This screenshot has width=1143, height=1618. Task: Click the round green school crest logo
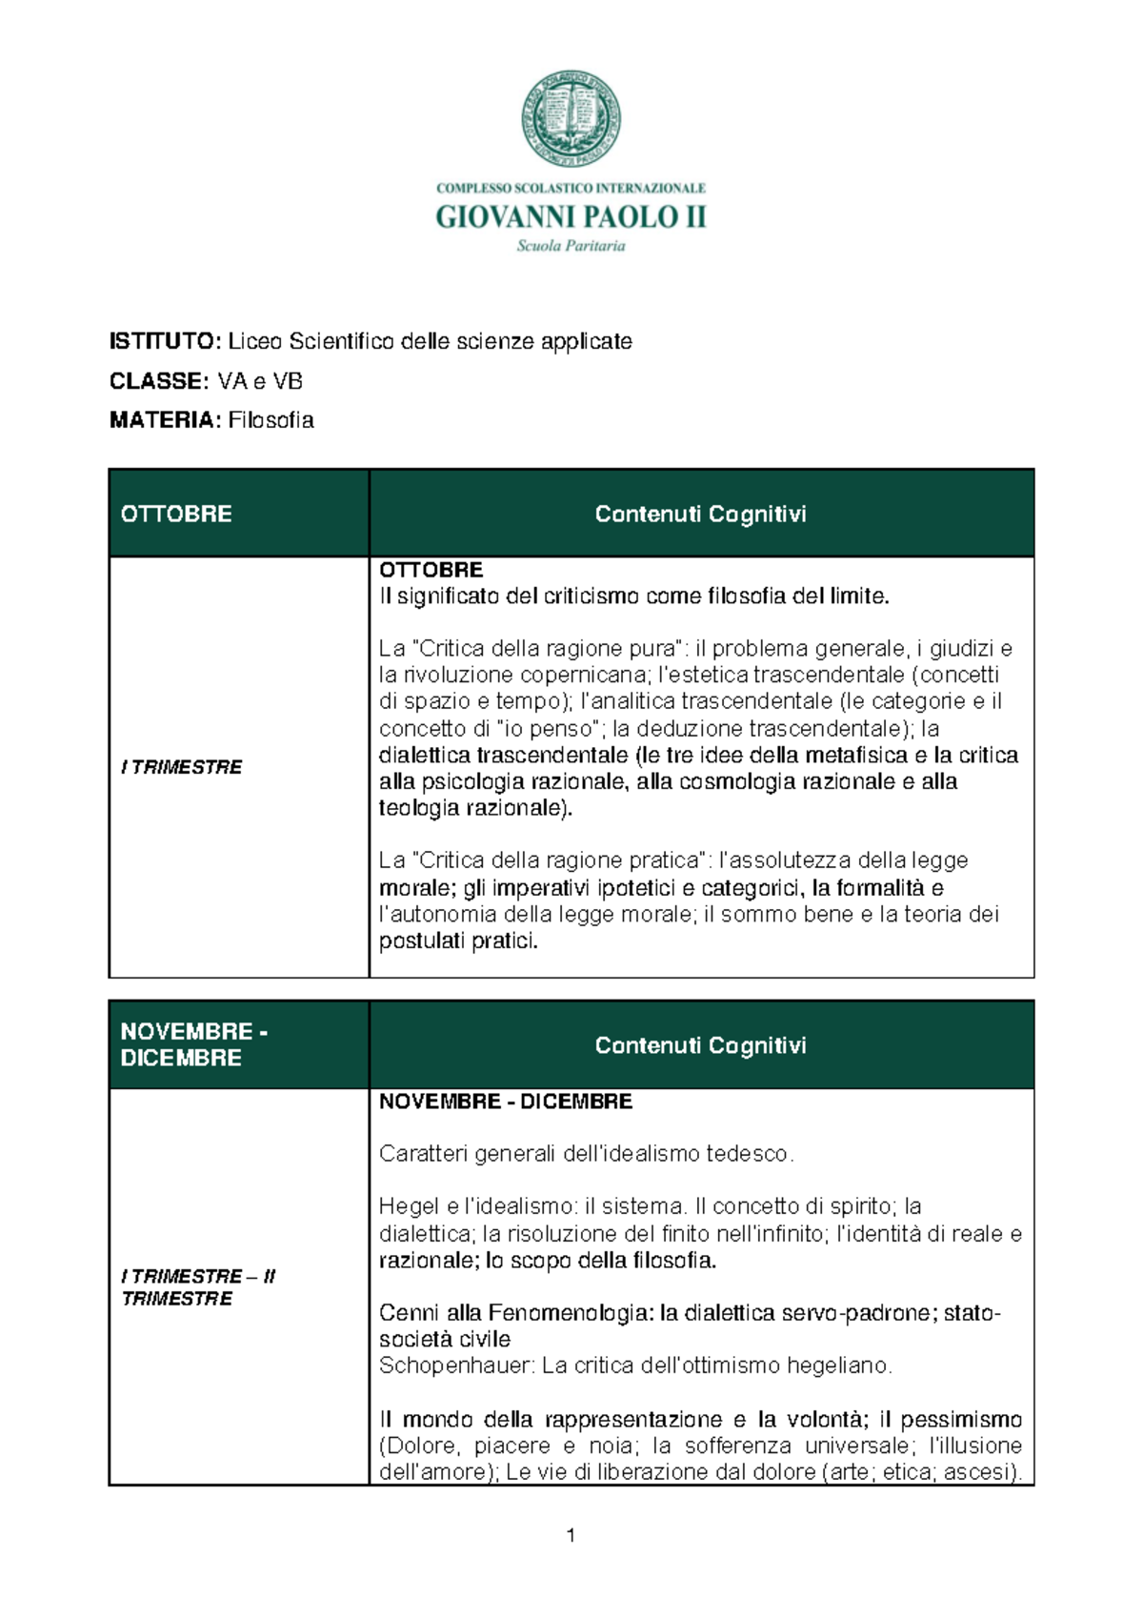571,118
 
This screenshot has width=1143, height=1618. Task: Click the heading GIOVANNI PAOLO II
571,217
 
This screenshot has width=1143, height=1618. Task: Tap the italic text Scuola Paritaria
571,246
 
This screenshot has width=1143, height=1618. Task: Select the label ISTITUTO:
166,341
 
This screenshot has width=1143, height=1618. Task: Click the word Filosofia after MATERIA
271,420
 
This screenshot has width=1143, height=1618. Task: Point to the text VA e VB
260,381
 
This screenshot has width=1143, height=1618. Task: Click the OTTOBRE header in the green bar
176,514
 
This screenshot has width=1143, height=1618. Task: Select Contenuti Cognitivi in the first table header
700,514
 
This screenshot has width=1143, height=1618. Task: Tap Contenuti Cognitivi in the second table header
700,1045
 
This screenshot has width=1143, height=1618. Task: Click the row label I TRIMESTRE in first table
181,767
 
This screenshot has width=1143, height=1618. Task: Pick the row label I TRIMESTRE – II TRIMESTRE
197,1287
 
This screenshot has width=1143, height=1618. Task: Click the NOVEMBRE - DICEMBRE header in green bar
193,1044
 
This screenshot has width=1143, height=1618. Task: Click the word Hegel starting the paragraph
409,1206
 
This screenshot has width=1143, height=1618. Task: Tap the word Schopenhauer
456,1365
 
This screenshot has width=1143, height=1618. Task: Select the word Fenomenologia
570,1313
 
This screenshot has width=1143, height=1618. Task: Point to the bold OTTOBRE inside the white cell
431,570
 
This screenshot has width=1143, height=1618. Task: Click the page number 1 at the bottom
571,1535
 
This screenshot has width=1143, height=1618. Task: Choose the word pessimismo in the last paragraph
961,1419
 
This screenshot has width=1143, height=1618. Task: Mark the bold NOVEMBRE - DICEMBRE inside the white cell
505,1102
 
